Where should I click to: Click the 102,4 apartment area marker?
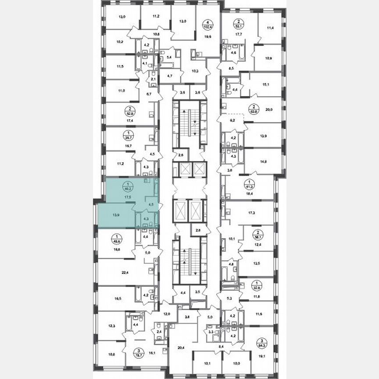coord(207,23)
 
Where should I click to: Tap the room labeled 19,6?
coord(208,37)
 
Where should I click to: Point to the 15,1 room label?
coord(265,86)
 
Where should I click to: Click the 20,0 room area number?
coord(269,110)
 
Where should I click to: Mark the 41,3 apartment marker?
coord(250,183)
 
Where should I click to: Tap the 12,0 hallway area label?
coord(167,314)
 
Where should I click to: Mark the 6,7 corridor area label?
coord(148,94)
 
